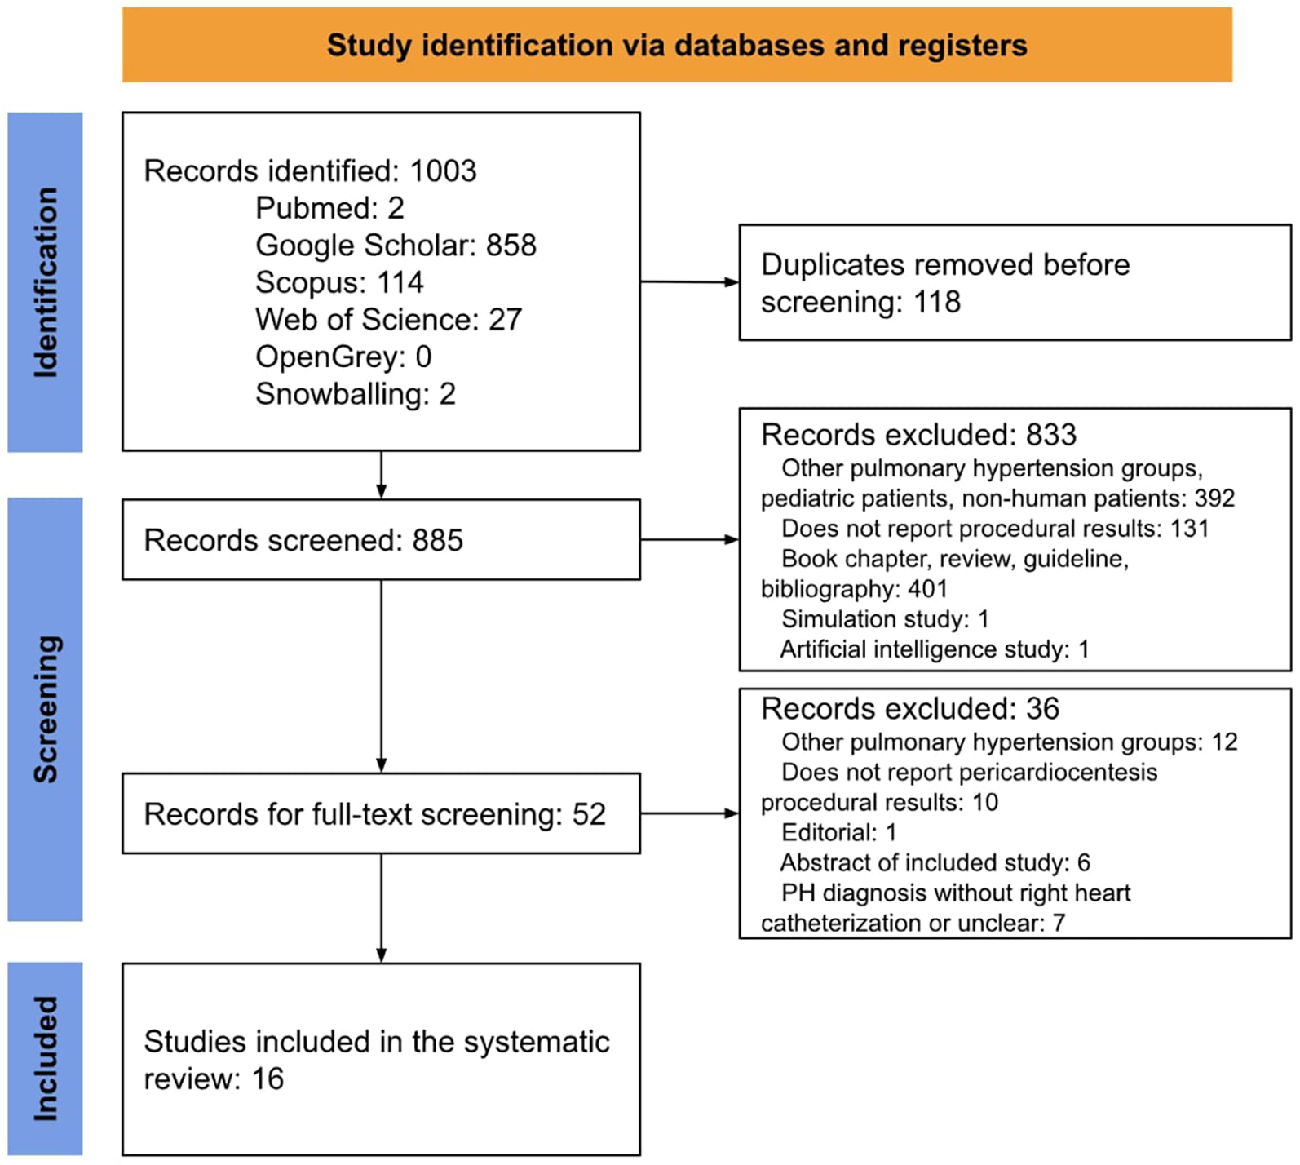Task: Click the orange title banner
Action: [677, 45]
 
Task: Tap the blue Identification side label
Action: [45, 281]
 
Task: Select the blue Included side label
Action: [45, 1058]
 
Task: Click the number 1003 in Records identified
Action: [443, 171]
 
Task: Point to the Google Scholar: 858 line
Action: [396, 246]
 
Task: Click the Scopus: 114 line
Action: [339, 282]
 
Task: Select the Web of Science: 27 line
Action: [388, 320]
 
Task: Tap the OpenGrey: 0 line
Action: [343, 357]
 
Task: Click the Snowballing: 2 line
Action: [355, 394]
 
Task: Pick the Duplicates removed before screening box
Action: [1015, 282]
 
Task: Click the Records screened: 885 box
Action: [381, 540]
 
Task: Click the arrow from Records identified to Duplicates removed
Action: [689, 282]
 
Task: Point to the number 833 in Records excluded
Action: [1051, 435]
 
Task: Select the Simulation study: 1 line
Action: [885, 619]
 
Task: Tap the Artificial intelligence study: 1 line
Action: [935, 649]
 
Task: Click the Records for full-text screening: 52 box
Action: [381, 814]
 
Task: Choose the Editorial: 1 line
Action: [839, 832]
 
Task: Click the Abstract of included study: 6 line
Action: [935, 862]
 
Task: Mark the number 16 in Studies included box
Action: [268, 1079]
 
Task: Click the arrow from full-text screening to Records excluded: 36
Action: [689, 813]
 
